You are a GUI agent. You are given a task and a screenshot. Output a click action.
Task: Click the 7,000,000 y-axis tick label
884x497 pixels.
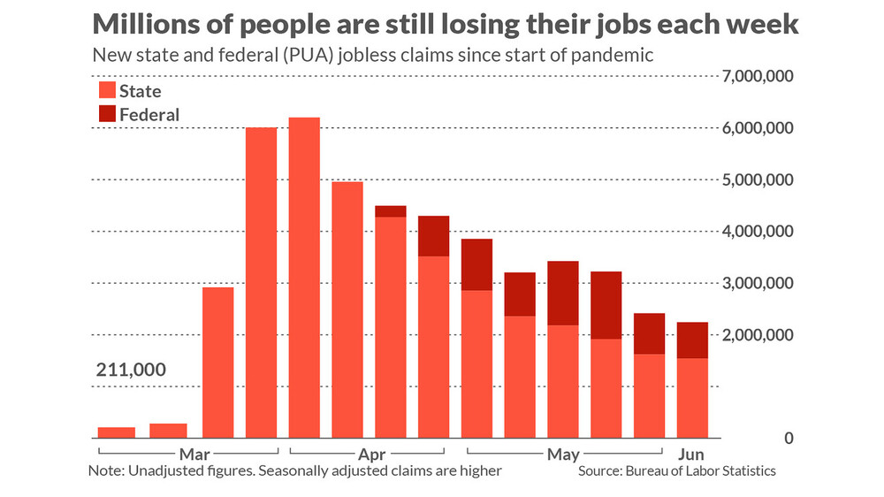pyautogui.click(x=758, y=76)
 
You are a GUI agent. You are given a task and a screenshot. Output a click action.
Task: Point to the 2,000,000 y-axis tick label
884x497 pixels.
pyautogui.click(x=758, y=335)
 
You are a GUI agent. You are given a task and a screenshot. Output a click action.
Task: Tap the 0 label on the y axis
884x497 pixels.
pyautogui.click(x=787, y=439)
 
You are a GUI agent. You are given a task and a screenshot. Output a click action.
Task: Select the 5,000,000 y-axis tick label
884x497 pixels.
pyautogui.click(x=758, y=180)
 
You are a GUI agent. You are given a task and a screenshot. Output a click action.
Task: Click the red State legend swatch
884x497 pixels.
pyautogui.click(x=106, y=90)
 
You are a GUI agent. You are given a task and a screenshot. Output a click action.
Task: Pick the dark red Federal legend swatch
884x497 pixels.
pyautogui.click(x=106, y=114)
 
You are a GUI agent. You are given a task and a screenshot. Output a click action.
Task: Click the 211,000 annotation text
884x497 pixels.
pyautogui.click(x=130, y=369)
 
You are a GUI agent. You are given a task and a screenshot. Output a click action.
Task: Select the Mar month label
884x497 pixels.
pyautogui.click(x=193, y=455)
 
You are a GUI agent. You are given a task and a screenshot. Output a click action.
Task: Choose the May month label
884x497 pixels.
pyautogui.click(x=563, y=455)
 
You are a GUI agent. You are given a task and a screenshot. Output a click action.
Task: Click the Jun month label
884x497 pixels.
pyautogui.click(x=691, y=455)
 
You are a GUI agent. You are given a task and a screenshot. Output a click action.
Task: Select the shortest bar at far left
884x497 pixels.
pyautogui.click(x=116, y=432)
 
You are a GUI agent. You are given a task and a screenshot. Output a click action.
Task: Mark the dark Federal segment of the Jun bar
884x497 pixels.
pyautogui.click(x=691, y=340)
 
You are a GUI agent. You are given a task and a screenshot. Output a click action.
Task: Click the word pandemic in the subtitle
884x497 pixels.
pyautogui.click(x=617, y=55)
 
